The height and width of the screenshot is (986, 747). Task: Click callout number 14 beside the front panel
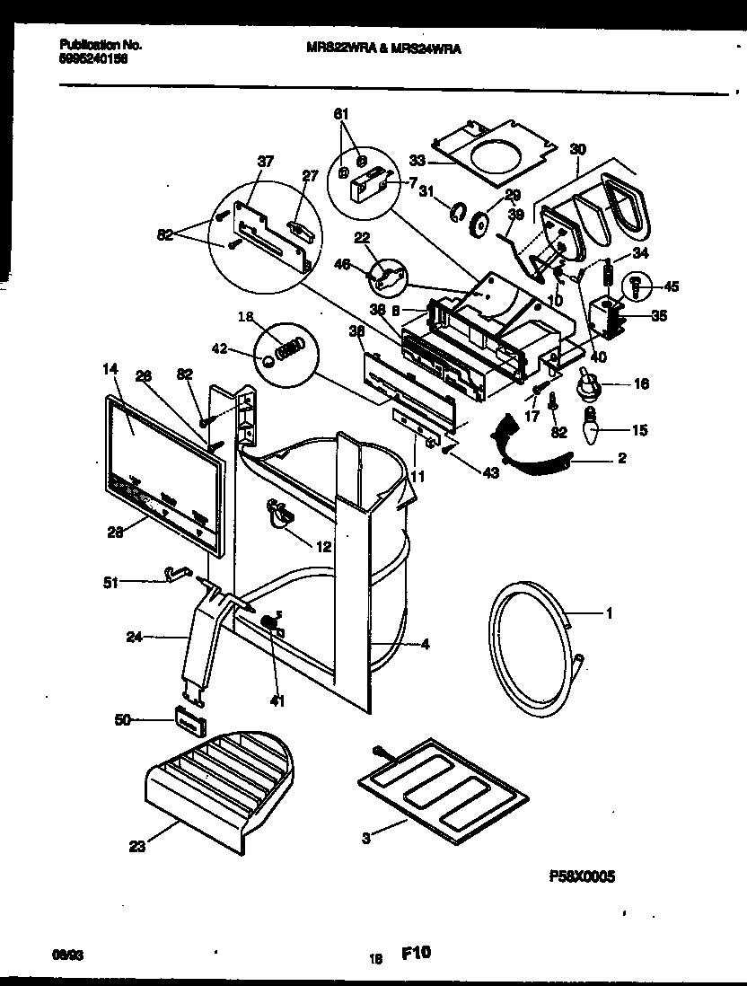coord(110,368)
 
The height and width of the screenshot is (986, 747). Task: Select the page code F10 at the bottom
coord(415,955)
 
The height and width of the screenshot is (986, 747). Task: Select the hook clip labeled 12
coord(280,514)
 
